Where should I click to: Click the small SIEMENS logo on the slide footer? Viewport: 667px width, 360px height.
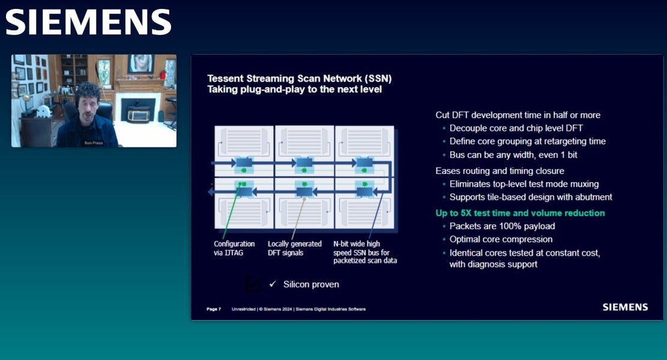[x=625, y=307]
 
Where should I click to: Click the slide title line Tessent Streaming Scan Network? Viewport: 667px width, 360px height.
[x=299, y=79]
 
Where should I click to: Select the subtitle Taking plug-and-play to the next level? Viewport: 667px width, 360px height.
[x=294, y=90]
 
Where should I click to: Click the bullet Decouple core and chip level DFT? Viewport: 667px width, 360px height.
[x=516, y=128]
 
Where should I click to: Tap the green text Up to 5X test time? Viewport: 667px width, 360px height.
[x=520, y=213]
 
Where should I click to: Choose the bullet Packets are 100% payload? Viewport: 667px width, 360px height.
[x=502, y=226]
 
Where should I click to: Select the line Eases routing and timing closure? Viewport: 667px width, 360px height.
[x=499, y=171]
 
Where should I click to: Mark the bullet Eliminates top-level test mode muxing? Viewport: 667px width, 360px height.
[x=524, y=184]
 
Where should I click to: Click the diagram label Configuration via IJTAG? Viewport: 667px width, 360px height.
[x=234, y=248]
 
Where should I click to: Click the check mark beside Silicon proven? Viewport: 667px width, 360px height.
[x=273, y=284]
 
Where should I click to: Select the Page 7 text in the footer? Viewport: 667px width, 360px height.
[x=214, y=309]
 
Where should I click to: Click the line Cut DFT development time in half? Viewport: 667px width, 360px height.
[x=518, y=115]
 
